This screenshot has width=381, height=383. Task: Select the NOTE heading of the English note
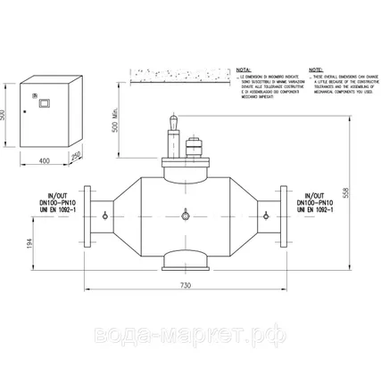coord(314,68)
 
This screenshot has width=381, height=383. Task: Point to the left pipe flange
coord(87,217)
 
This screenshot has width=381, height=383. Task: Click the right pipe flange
coord(285,217)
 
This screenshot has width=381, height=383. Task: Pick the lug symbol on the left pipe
coord(106,216)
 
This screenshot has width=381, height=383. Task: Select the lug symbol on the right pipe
coord(265,216)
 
